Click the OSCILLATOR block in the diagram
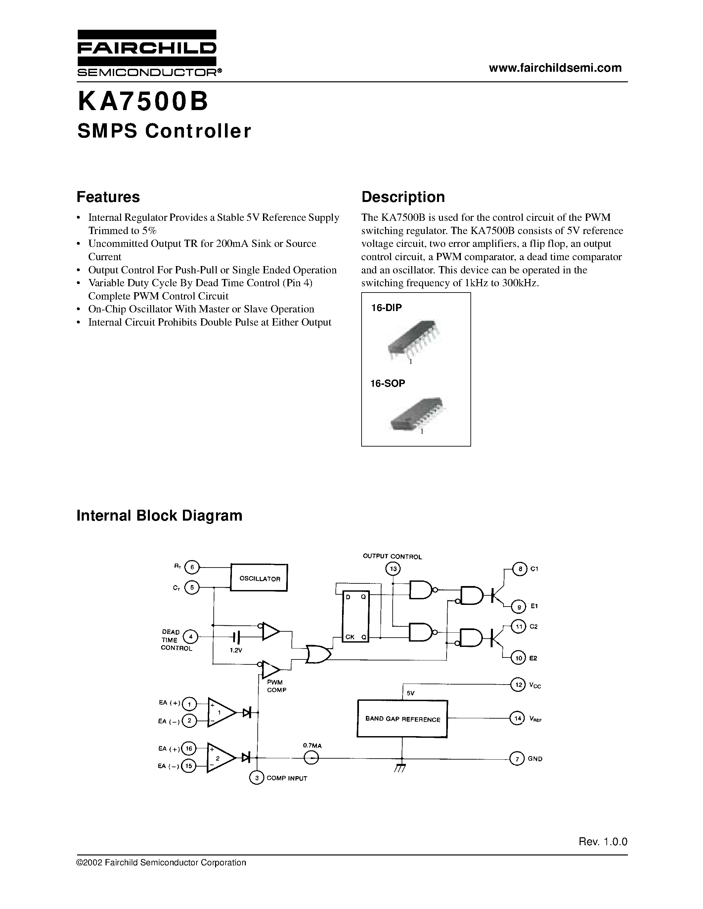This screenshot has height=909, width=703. (259, 578)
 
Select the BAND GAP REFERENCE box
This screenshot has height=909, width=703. (402, 719)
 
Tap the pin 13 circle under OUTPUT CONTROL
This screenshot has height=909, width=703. (393, 569)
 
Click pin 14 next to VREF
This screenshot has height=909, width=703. (517, 718)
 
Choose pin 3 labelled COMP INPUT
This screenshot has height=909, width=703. (256, 778)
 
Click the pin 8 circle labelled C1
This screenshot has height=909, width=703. (519, 569)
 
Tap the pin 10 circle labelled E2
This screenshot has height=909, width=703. (518, 658)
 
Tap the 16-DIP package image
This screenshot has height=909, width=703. (414, 339)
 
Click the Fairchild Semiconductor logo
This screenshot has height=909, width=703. (147, 53)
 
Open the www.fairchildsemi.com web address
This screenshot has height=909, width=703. (555, 68)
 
